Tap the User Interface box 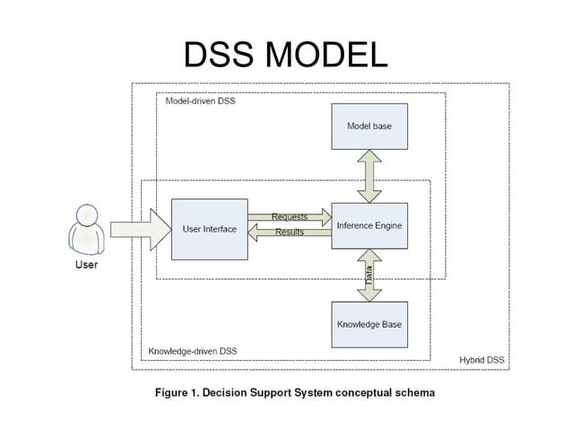click(x=209, y=229)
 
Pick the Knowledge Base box click(x=368, y=324)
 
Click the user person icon click(x=86, y=230)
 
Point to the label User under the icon click(x=86, y=265)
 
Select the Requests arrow click(x=289, y=216)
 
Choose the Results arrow click(x=289, y=232)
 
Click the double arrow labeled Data click(x=368, y=276)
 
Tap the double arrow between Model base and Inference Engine click(x=368, y=176)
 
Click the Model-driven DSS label click(x=200, y=101)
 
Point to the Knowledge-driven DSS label click(x=193, y=351)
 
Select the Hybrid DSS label click(x=482, y=361)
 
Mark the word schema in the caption click(x=413, y=392)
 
